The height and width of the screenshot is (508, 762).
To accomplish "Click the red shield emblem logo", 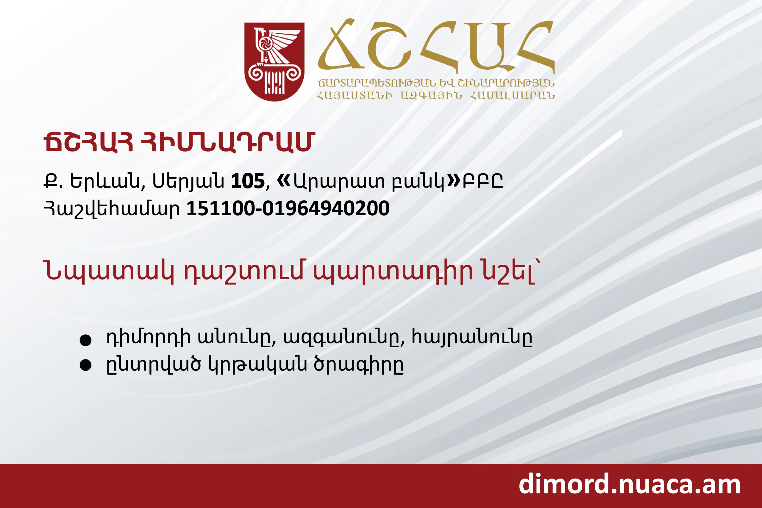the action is click(x=274, y=62).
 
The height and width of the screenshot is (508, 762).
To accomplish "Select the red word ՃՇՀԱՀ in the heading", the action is click(x=88, y=143).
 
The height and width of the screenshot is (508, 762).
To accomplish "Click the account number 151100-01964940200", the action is click(x=288, y=208).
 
